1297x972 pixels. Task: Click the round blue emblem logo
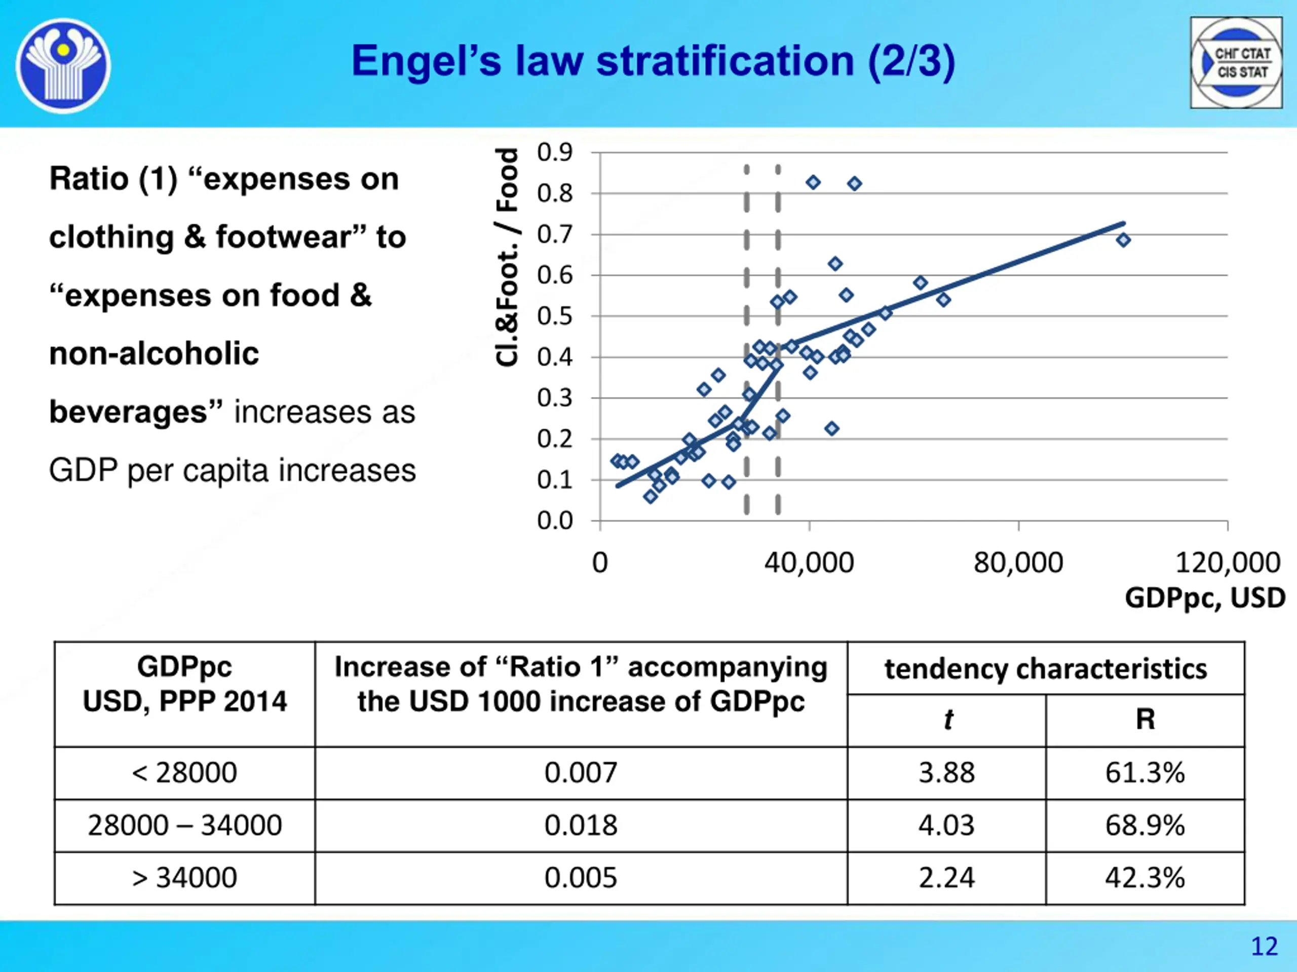[x=63, y=65]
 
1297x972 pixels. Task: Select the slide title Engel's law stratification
[x=653, y=61]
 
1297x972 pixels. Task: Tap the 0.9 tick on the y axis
[x=554, y=152]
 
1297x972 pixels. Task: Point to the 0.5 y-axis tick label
[x=554, y=316]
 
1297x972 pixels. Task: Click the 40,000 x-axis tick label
[x=809, y=563]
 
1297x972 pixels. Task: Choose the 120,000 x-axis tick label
[x=1227, y=563]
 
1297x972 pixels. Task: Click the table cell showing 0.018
[x=581, y=826]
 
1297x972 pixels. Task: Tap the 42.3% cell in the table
[x=1145, y=878]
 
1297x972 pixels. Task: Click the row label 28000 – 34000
[x=185, y=826]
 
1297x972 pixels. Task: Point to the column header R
[x=1145, y=719]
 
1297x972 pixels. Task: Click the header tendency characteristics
[x=1046, y=669]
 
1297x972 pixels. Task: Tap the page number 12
[x=1264, y=946]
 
